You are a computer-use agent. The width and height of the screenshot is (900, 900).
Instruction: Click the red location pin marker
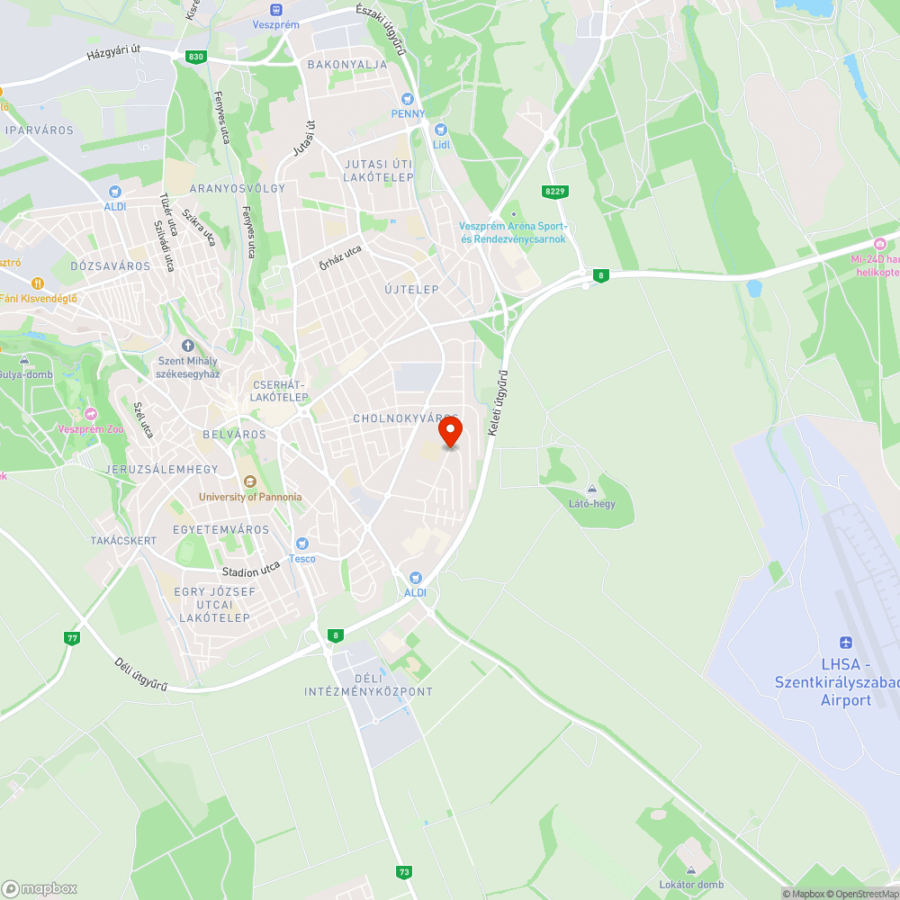click(x=450, y=433)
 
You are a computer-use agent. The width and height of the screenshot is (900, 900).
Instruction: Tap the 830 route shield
click(x=196, y=57)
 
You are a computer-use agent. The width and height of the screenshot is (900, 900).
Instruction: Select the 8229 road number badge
click(x=555, y=191)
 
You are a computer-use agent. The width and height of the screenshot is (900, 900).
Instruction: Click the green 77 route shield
click(x=71, y=638)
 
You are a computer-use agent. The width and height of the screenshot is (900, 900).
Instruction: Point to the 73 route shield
click(x=404, y=871)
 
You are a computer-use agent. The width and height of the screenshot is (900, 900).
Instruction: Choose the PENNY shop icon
click(x=408, y=98)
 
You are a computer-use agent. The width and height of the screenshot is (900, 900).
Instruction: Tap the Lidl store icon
click(x=441, y=130)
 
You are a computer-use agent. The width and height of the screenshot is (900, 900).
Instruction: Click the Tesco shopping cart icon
click(x=302, y=544)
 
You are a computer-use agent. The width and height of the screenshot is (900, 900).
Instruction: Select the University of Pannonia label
click(x=251, y=497)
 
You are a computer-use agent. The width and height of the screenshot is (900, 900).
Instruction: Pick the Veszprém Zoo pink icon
click(x=90, y=414)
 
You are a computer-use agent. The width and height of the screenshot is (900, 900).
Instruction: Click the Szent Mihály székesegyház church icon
click(x=188, y=346)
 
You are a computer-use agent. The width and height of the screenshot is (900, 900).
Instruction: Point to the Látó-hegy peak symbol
click(x=592, y=489)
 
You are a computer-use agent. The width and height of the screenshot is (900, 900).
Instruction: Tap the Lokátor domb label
click(x=690, y=885)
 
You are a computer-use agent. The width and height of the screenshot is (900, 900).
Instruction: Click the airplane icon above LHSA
click(x=845, y=642)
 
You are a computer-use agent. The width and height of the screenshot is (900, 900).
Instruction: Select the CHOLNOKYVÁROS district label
click(x=405, y=418)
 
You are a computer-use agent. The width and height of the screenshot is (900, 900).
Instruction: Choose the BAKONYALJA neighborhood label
click(x=347, y=65)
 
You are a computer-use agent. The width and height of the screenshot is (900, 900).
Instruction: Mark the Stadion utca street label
click(x=252, y=570)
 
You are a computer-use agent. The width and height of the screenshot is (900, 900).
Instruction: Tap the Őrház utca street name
click(x=340, y=258)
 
